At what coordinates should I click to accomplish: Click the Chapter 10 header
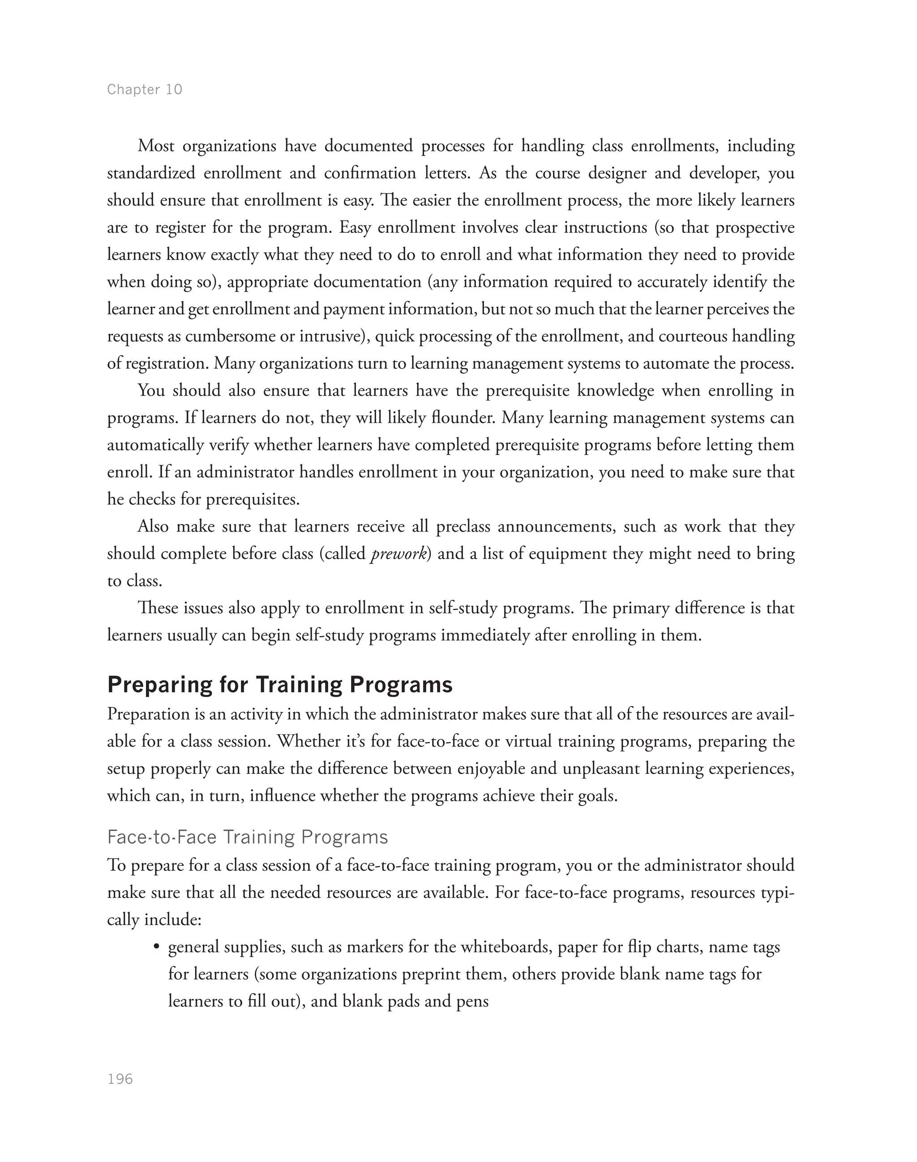point(145,89)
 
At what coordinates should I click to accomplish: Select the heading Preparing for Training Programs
point(280,685)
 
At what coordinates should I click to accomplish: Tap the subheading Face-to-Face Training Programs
point(248,837)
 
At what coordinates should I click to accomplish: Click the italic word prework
point(399,553)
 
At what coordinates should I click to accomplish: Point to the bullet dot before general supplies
point(156,947)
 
